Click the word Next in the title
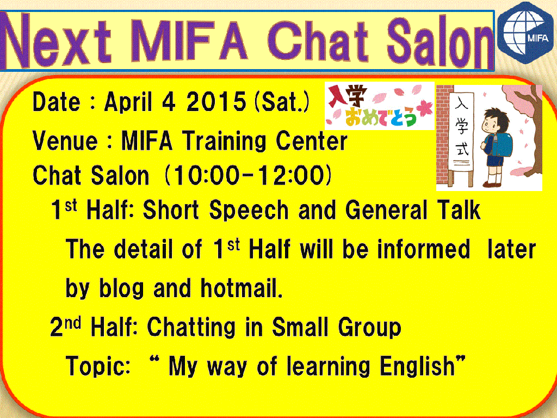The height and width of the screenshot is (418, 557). coord(57,40)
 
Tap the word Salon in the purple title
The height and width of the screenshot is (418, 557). coord(440,41)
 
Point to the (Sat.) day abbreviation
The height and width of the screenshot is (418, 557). coord(282,102)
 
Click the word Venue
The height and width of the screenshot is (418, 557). coord(65,141)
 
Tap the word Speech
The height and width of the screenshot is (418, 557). coord(248,211)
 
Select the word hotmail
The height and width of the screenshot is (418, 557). coord(242,288)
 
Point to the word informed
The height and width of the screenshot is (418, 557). coord(424,249)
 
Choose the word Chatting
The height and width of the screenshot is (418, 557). coord(191,328)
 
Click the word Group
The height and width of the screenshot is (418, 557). coord(369,328)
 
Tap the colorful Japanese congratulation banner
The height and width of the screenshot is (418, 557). coord(379,106)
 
